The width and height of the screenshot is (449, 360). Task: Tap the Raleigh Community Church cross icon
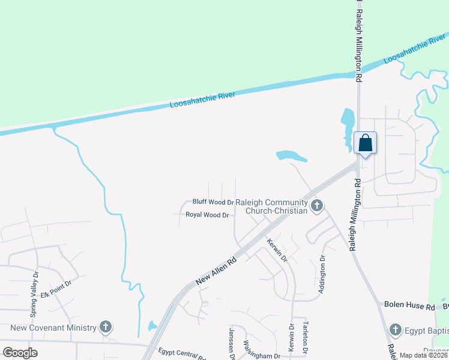point(317,206)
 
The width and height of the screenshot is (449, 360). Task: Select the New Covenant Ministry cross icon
point(106,327)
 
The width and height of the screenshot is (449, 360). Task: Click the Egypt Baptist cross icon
point(395,329)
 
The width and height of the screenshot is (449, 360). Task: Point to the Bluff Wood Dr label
point(212,202)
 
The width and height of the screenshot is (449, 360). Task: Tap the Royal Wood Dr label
point(207,215)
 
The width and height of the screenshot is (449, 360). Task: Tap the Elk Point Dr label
point(56,287)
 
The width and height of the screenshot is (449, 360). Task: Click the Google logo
point(20,353)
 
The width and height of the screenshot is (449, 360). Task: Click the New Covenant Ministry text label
point(53,328)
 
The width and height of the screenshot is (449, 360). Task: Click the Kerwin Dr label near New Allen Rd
point(277,250)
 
